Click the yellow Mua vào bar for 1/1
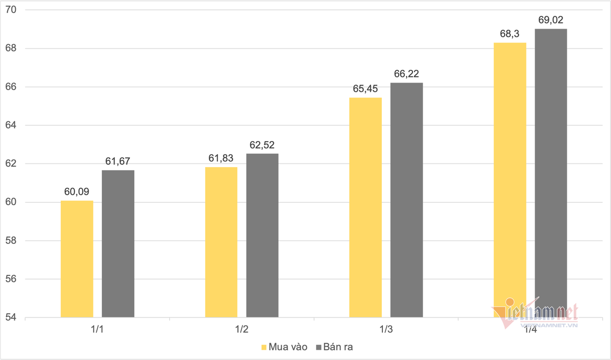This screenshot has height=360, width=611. pos(77,259)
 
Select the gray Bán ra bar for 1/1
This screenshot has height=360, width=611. pos(118,243)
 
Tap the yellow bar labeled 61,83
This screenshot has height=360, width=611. pos(221,242)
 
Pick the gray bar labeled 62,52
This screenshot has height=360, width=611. pos(262,235)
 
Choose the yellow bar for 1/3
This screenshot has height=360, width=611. pos(365,207)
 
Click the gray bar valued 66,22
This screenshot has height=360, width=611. pos(406,200)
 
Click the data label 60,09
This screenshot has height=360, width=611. pos(77,192)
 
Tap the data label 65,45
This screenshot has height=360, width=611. pos(366,89)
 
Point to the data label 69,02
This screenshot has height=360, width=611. pos(550,20)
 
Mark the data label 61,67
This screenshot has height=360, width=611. pos(118,161)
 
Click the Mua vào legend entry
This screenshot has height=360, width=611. pos(284,347)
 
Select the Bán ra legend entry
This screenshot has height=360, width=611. pos(335,347)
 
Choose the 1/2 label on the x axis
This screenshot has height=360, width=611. pos(242,329)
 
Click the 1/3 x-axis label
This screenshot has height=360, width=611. pos(386,329)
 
